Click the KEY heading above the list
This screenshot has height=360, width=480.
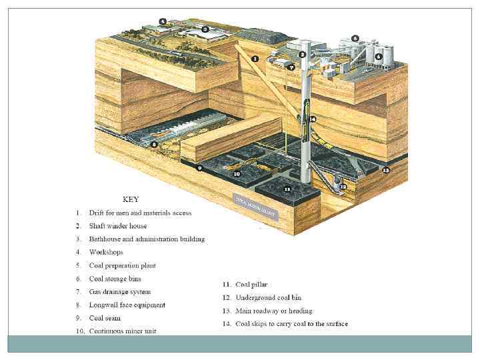[131, 199]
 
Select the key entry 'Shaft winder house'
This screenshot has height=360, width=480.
[118, 226]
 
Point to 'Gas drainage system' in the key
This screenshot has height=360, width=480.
[120, 291]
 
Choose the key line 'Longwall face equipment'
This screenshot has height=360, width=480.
[127, 305]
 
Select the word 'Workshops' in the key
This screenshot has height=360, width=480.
[106, 252]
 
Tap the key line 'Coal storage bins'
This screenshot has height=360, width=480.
[115, 279]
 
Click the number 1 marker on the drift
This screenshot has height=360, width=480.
[255, 59]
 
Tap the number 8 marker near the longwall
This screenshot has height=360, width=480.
[154, 144]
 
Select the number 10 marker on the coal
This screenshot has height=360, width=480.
[236, 173]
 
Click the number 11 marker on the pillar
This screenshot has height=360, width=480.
[287, 189]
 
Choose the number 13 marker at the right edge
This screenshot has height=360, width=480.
[385, 170]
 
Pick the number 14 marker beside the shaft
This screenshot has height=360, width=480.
[313, 119]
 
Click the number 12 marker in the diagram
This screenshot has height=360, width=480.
[343, 187]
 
